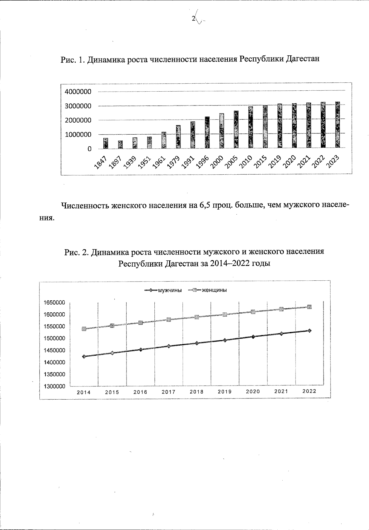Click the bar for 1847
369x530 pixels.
point(105,144)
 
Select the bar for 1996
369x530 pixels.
point(207,133)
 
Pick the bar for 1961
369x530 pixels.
point(164,140)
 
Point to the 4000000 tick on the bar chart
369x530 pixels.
point(78,92)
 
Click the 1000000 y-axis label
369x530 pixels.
point(78,135)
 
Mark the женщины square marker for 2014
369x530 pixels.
point(84,329)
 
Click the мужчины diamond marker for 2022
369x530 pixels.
point(310,331)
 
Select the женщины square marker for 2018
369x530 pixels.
point(197,317)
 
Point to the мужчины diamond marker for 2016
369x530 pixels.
point(141,350)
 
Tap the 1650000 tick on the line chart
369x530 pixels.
point(55,303)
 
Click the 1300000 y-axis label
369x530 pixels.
point(55,387)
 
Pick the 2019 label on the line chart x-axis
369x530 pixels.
point(225,392)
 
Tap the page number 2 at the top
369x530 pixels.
point(193,19)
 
